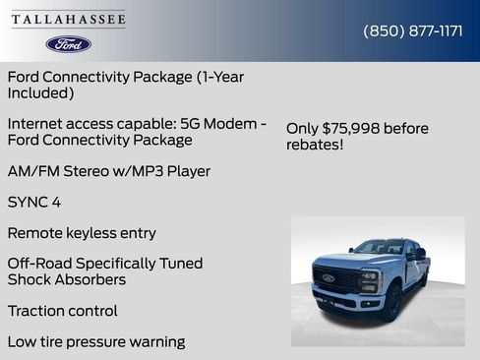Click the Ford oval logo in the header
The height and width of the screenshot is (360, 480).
(68, 44)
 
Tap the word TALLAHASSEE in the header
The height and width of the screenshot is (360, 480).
(68, 19)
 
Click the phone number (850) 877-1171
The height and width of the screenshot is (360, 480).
(413, 30)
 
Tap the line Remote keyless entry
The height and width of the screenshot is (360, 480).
(82, 233)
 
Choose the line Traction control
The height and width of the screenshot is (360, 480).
(62, 311)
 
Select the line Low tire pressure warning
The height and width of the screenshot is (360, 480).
(95, 342)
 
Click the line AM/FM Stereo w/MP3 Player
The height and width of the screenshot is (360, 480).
(108, 171)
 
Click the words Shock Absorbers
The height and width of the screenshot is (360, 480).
(67, 279)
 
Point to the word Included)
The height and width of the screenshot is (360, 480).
(40, 92)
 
